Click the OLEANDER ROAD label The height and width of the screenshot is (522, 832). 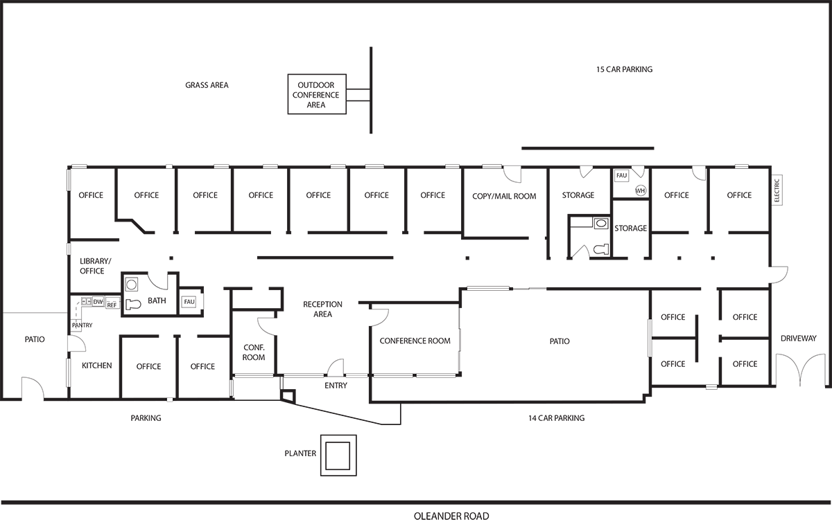pyautogui.click(x=451, y=516)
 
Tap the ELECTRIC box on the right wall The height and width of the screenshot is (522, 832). pyautogui.click(x=777, y=190)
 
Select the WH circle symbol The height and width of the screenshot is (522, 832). pyautogui.click(x=641, y=190)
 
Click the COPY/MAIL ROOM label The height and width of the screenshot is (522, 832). pyautogui.click(x=504, y=196)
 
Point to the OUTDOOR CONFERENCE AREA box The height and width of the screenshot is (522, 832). pyautogui.click(x=317, y=94)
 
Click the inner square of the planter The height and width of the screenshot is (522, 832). pyautogui.click(x=338, y=456)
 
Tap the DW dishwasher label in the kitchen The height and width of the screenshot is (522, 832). pyautogui.click(x=98, y=302)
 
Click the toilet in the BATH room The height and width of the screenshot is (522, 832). pyautogui.click(x=133, y=304)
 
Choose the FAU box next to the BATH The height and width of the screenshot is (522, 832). pyautogui.click(x=189, y=302)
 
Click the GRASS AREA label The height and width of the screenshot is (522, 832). pyautogui.click(x=207, y=85)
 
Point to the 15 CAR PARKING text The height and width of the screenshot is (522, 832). pyautogui.click(x=625, y=69)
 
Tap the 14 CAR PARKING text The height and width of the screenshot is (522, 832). pyautogui.click(x=556, y=418)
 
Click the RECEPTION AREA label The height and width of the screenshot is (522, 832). pyautogui.click(x=323, y=309)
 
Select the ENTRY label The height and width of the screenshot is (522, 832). pyautogui.click(x=336, y=386)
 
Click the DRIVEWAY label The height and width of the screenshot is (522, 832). pyautogui.click(x=799, y=339)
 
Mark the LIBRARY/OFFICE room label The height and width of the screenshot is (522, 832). pyautogui.click(x=95, y=266)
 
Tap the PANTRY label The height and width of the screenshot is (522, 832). pyautogui.click(x=82, y=325)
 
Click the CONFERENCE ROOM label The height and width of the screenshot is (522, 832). pyautogui.click(x=415, y=341)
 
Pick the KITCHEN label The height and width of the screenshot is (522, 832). pyautogui.click(x=96, y=366)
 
